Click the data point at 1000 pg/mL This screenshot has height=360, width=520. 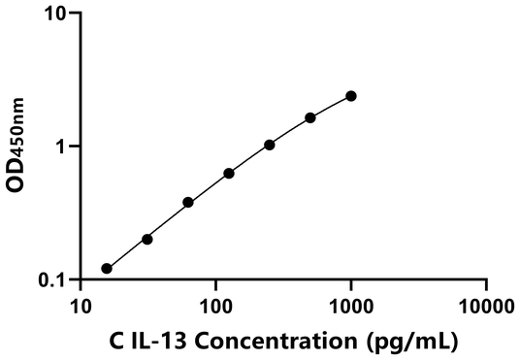coord(351,95)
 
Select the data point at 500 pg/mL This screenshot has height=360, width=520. coord(310,117)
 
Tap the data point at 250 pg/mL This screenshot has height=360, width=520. coord(270,145)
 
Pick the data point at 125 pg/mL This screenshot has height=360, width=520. coord(229,173)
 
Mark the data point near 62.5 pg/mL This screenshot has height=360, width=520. coord(188,202)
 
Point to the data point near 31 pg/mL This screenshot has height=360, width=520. coord(147,239)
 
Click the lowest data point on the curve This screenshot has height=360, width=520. coord(107,269)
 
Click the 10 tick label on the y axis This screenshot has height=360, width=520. coord(56,15)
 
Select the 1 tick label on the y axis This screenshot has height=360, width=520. coord(61,147)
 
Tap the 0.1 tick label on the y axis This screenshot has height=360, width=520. coord(51,280)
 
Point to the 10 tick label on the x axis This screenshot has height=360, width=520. coord(81,308)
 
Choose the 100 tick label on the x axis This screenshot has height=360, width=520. coord(215,308)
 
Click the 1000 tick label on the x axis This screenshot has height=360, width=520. coord(350,308)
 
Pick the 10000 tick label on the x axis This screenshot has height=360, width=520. coord(485,308)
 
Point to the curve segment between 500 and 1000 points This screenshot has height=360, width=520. coord(332,105)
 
